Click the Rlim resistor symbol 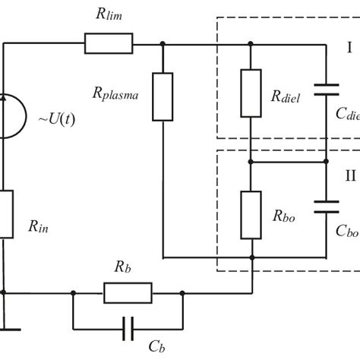coord(109,43)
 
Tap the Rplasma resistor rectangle coord(163,96)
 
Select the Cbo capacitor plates coord(327,206)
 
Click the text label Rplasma coord(118,94)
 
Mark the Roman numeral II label coord(349,176)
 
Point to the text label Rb coord(125,267)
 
